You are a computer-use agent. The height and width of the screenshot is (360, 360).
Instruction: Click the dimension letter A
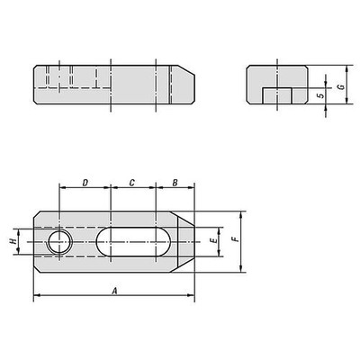pos(113,290)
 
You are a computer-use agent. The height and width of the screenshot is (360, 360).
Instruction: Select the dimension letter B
pos(175,182)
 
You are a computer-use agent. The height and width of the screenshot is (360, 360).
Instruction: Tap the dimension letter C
pos(131,182)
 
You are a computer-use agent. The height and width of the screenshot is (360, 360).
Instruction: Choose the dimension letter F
pos(234,240)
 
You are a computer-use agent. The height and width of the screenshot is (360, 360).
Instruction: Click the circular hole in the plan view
pos(59,241)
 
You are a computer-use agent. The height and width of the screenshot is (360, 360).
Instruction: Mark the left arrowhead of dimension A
pos(37,296)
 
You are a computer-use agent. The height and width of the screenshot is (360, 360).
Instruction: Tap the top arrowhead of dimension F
pos(242,214)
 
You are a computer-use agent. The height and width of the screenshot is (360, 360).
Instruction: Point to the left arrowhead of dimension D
pos(62,189)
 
